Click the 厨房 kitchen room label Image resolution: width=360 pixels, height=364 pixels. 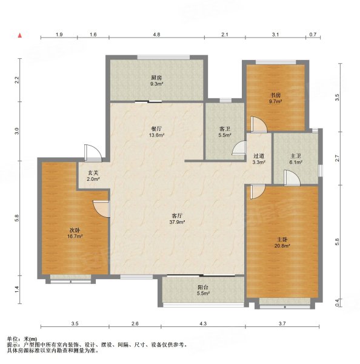point(156,78)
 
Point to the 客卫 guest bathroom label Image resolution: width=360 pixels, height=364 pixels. point(224,129)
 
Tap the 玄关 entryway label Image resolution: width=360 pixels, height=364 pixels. point(93,173)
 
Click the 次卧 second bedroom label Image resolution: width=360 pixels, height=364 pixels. point(75,230)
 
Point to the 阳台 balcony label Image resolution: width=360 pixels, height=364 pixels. point(202,287)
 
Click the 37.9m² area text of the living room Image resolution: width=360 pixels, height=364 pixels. point(177,222)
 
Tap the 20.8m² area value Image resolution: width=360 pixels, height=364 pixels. point(282,246)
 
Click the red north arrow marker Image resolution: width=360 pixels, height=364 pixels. point(20,35)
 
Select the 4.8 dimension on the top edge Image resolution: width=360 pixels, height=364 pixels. point(156,35)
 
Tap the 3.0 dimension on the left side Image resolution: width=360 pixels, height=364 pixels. point(18,130)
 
